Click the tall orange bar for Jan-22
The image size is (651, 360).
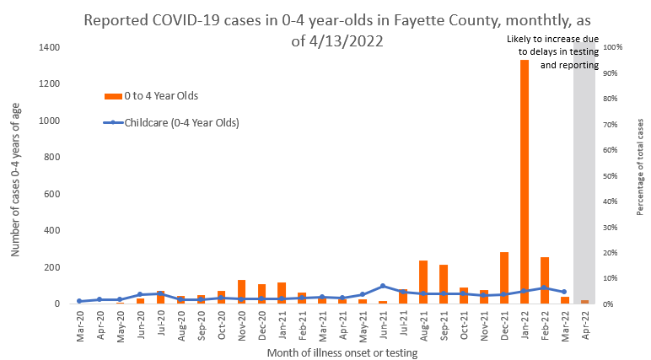(x=524, y=181)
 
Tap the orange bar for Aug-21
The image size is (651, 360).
(x=422, y=282)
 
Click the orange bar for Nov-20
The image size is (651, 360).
(x=241, y=292)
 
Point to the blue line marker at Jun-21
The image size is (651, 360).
(x=382, y=286)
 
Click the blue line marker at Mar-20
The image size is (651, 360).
(x=79, y=301)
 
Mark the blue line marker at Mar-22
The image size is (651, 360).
(x=563, y=292)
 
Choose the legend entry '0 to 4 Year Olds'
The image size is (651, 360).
(x=160, y=95)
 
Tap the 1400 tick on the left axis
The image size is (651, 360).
(x=48, y=47)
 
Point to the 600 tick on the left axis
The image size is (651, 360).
(x=51, y=194)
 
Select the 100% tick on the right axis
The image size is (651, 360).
(x=612, y=47)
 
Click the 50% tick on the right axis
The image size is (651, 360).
(x=611, y=176)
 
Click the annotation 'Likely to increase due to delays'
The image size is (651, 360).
(x=553, y=51)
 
